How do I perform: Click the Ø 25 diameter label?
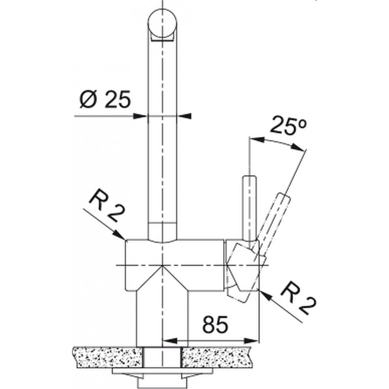[x=105, y=99]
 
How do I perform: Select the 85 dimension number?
[x=215, y=325]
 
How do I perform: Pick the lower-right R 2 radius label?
[x=298, y=299]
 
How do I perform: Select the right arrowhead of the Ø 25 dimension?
[x=184, y=116]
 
